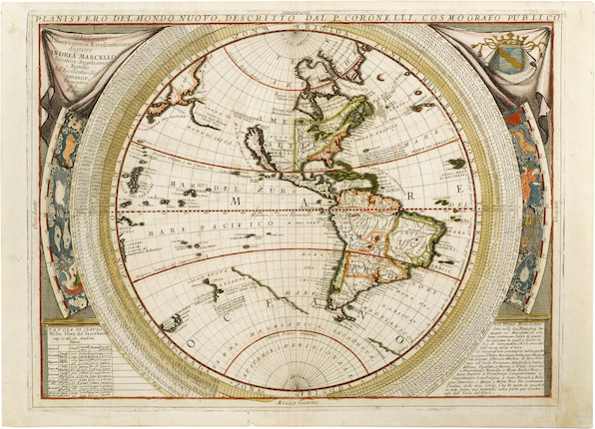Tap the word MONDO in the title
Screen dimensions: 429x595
[x=161, y=18]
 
